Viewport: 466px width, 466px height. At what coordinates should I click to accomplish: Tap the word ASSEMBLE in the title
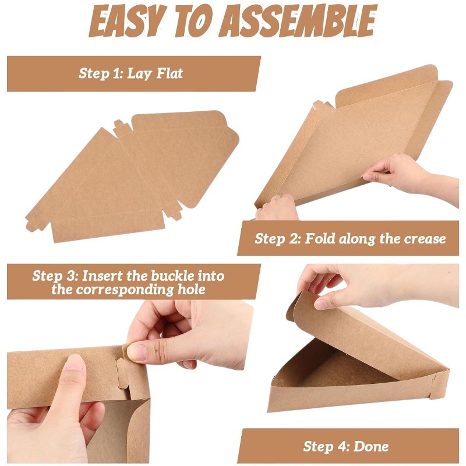pos(299,21)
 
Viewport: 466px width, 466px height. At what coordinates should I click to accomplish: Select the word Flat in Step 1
pos(170,73)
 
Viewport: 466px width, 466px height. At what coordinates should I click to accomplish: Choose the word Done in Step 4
pos(371,446)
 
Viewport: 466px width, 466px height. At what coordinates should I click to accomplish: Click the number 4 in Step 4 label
pos(345,446)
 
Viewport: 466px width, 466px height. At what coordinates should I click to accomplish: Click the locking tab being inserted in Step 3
pos(122,373)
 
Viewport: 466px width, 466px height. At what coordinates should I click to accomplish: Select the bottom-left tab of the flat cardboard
pos(33,224)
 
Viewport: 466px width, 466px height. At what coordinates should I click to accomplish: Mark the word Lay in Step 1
pos(140,74)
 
